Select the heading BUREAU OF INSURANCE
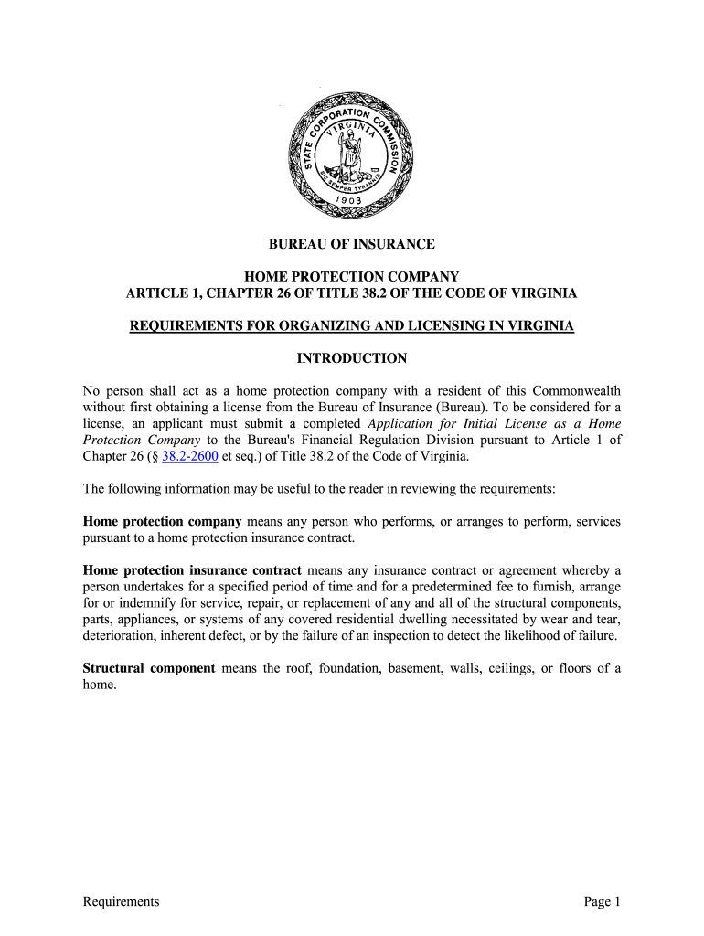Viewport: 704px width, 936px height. (351, 244)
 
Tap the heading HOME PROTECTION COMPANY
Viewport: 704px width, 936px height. (351, 276)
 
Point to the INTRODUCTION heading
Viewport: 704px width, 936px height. (351, 358)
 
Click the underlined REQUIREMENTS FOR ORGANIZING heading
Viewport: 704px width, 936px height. (351, 325)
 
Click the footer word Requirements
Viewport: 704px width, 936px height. (121, 902)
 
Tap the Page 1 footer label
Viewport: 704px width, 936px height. (603, 902)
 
